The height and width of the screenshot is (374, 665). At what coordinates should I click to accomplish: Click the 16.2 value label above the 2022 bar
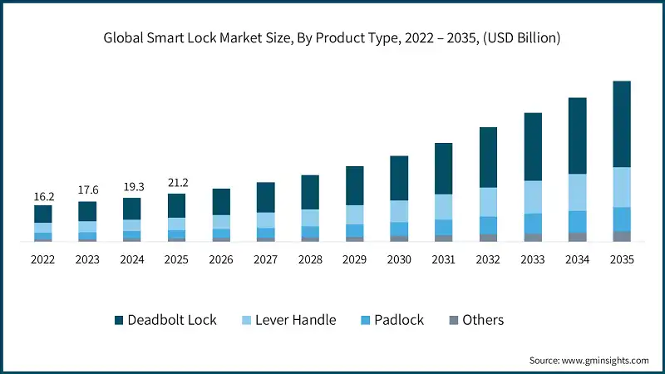tap(43, 197)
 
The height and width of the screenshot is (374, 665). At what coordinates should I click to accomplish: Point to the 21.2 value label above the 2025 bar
tap(177, 184)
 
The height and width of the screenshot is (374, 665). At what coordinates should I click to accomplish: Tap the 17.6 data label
tap(88, 191)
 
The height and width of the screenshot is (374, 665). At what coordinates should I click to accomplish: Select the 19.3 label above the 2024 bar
tap(132, 188)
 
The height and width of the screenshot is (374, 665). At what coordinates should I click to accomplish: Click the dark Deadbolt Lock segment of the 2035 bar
tap(622, 124)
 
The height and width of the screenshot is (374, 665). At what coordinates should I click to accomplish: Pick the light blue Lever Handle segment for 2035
tap(622, 187)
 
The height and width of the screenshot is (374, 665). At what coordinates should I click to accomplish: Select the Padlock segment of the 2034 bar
tap(577, 221)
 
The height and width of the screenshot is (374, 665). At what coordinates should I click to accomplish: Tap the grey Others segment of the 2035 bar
tap(622, 236)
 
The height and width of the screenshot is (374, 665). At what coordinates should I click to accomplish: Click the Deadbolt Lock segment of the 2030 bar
tap(399, 178)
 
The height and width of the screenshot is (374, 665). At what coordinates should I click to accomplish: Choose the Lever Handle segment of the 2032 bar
tap(488, 202)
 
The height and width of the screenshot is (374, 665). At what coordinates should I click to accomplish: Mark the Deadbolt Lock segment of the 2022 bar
tap(43, 214)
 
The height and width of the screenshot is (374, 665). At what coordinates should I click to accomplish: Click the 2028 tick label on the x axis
tap(310, 259)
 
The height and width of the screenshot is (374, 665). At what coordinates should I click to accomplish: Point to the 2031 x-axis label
tap(443, 259)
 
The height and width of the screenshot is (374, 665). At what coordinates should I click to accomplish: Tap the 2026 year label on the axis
tap(221, 259)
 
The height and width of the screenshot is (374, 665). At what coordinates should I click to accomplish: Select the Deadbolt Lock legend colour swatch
tap(118, 320)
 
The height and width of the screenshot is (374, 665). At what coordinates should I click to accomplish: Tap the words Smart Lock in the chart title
tap(182, 37)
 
